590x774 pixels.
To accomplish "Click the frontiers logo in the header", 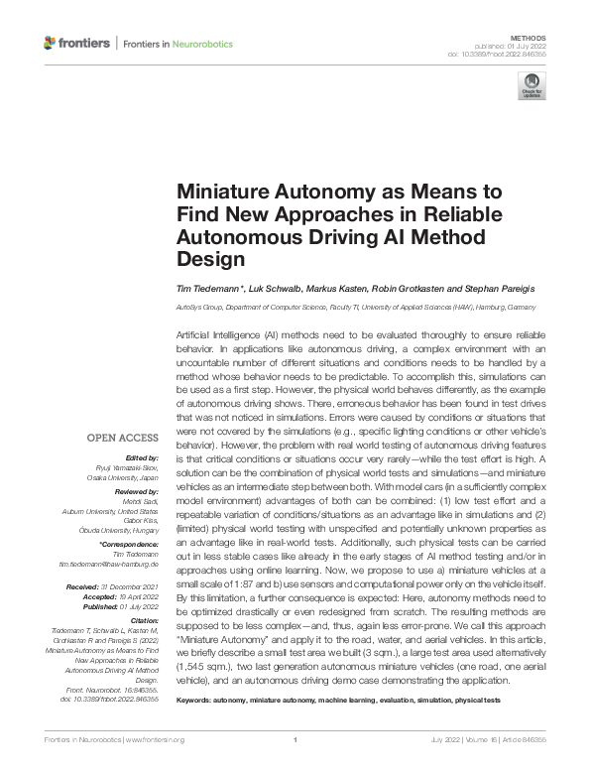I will (x=76, y=44).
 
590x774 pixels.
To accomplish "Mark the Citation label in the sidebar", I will (x=143, y=616).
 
